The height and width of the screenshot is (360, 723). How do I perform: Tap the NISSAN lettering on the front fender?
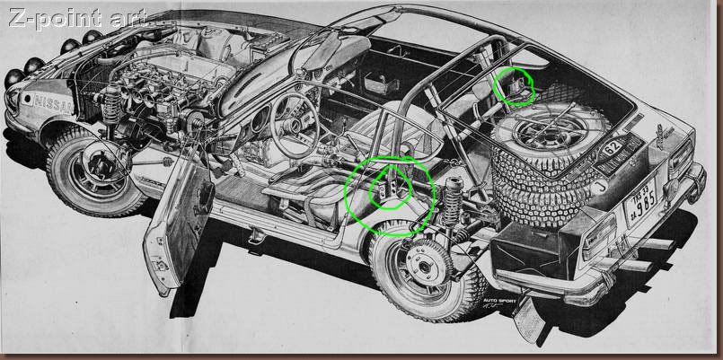click(x=54, y=102)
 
